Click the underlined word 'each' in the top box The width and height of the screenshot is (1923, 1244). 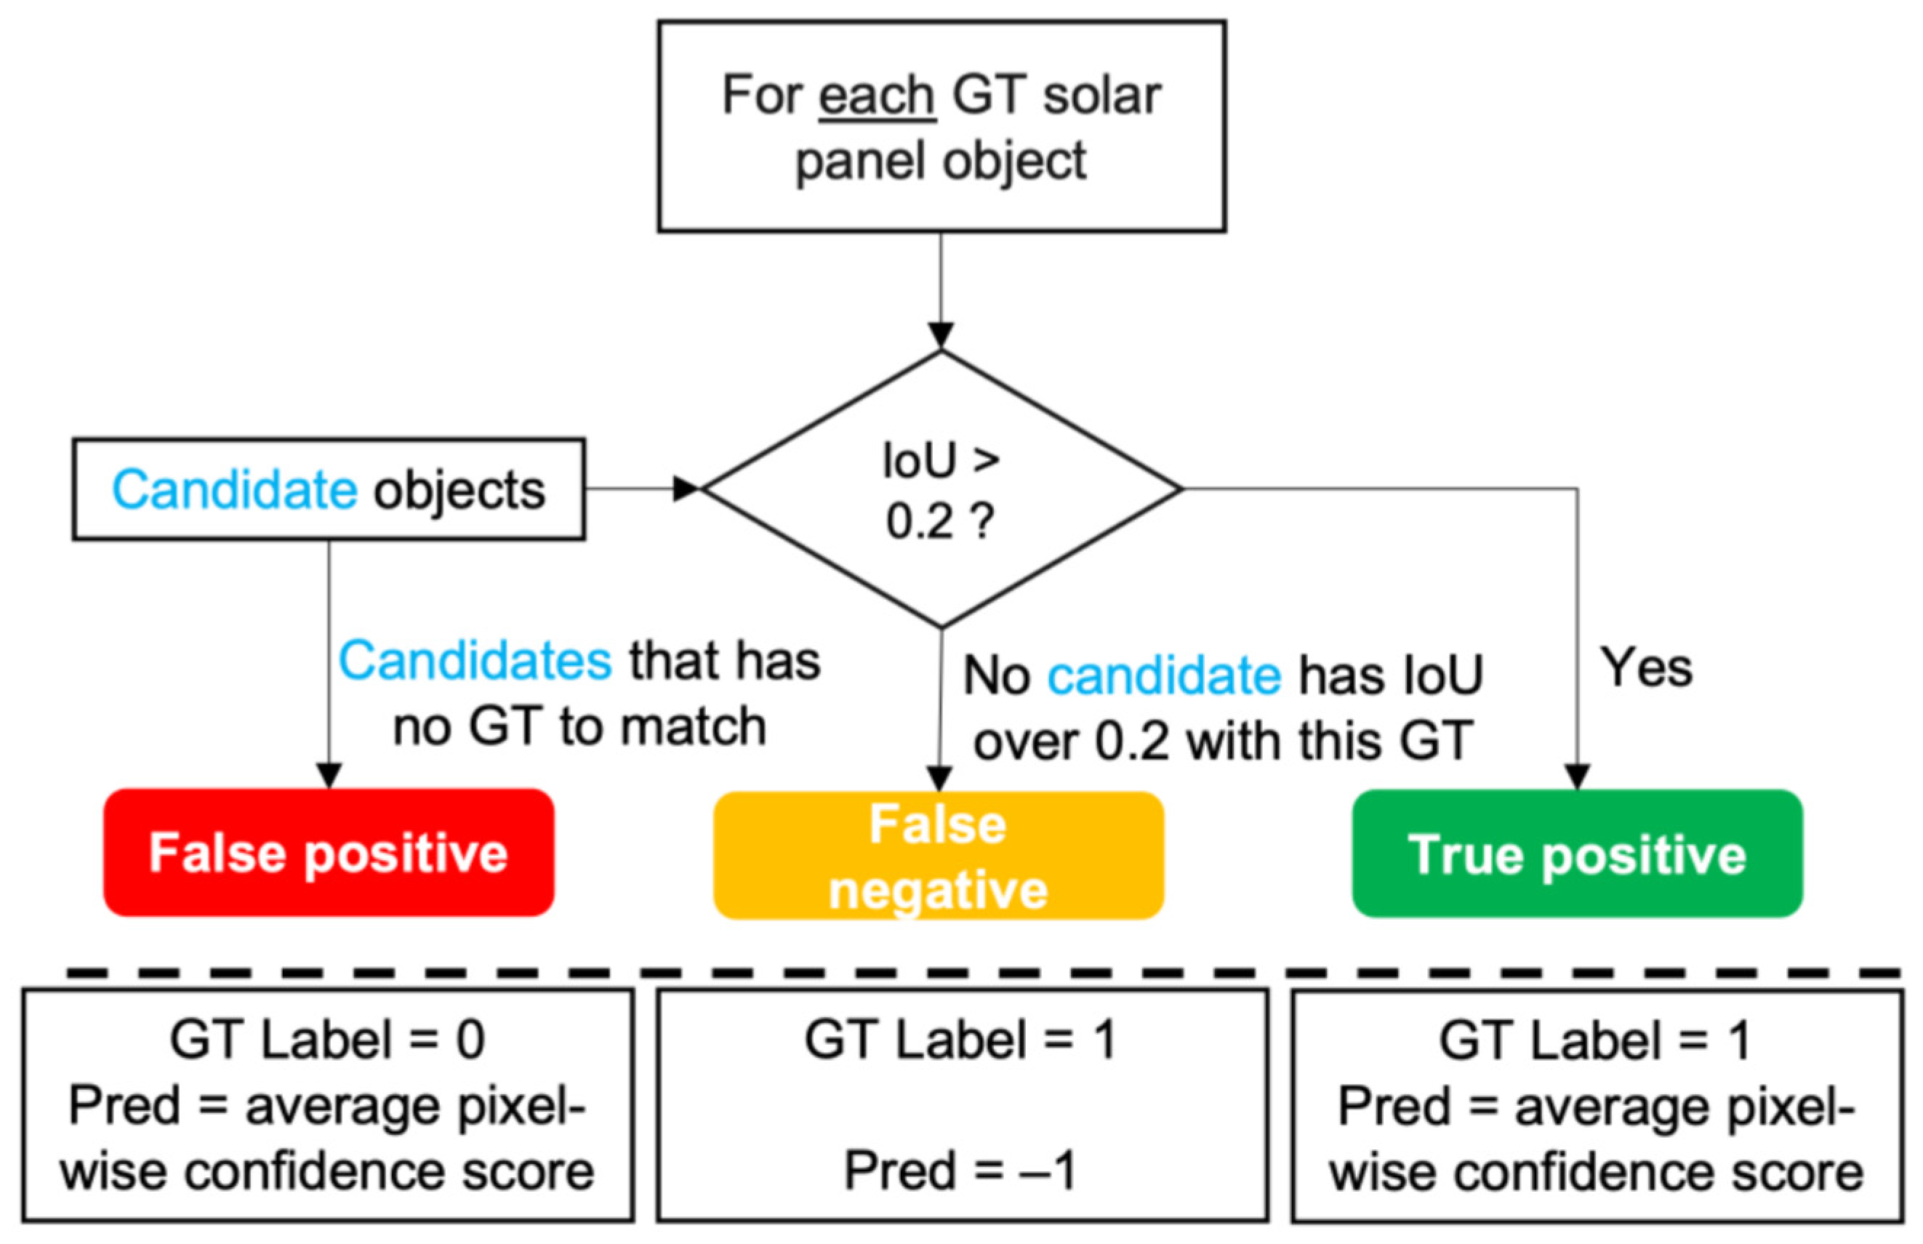(877, 96)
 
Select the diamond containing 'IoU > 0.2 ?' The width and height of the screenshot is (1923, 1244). (941, 489)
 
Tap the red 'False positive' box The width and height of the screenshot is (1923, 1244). (329, 853)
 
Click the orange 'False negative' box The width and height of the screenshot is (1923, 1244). (939, 856)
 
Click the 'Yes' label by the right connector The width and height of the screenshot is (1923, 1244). (1646, 669)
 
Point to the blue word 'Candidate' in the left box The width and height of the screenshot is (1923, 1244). (234, 490)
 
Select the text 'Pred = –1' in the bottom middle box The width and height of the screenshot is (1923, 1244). (960, 1171)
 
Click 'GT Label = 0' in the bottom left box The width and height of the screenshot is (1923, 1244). (327, 1040)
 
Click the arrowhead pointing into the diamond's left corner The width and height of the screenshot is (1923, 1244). (686, 489)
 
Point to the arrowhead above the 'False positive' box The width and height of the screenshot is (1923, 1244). (329, 776)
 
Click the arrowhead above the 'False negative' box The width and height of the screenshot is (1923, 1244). (939, 778)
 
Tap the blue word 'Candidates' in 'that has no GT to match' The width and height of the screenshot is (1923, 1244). (475, 661)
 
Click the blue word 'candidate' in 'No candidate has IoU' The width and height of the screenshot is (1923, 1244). (1164, 675)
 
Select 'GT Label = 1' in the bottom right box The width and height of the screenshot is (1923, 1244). (1595, 1040)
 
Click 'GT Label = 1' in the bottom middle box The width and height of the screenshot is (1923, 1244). (960, 1040)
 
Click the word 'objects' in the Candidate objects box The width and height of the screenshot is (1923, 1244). (459, 490)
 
